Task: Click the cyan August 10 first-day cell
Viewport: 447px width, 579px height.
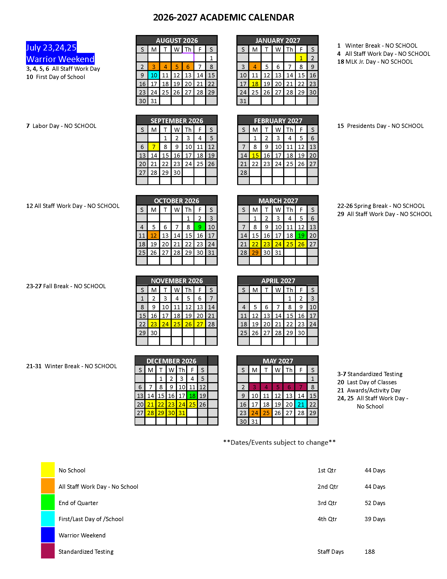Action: pos(154,75)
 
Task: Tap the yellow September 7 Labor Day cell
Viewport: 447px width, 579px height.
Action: pos(154,147)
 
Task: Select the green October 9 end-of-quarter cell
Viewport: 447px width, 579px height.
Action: pos(200,227)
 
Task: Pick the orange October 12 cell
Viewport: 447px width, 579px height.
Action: pos(154,236)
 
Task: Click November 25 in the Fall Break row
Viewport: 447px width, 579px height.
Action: pos(177,324)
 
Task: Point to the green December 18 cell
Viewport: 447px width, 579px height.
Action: pos(192,396)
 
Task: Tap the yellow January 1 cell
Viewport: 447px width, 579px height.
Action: pos(301,58)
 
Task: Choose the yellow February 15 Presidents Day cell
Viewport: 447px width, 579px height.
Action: pos(255,155)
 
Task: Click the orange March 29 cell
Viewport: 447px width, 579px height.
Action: pos(255,253)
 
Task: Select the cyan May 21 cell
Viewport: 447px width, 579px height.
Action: pos(301,404)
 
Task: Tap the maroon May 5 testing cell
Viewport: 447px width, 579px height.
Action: pos(278,387)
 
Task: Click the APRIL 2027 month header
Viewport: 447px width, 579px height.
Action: pos(278,281)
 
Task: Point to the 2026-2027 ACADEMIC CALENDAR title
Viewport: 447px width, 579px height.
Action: pos(223,17)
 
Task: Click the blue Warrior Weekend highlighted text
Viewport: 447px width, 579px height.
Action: pos(60,59)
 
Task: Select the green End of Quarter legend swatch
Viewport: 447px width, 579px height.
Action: pos(48,503)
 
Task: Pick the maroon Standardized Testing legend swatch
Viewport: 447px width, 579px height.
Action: pos(48,551)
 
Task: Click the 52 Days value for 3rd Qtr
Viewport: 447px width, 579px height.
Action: pos(375,503)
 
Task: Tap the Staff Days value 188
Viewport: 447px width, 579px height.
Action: pos(370,552)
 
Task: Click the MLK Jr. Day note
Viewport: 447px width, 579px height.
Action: pos(375,62)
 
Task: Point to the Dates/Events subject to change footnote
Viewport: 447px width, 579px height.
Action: pos(279,442)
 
